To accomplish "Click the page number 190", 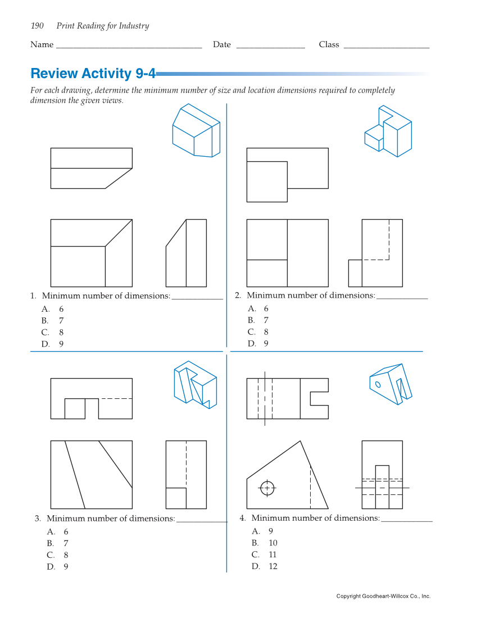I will click(37, 26).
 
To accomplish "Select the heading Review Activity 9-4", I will click(93, 74).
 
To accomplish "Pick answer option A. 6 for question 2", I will click(258, 308).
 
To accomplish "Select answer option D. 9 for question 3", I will click(58, 567).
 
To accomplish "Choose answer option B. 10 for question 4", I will click(265, 543).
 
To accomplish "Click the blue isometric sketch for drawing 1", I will click(196, 130).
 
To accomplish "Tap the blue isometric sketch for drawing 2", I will click(388, 131).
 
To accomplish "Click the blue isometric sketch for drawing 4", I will click(390, 384).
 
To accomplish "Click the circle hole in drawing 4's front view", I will click(267, 488).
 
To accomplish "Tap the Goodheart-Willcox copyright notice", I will click(383, 596).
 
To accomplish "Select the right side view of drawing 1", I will click(186, 253).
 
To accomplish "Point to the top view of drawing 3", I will click(92, 398).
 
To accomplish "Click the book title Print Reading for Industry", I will click(103, 26).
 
